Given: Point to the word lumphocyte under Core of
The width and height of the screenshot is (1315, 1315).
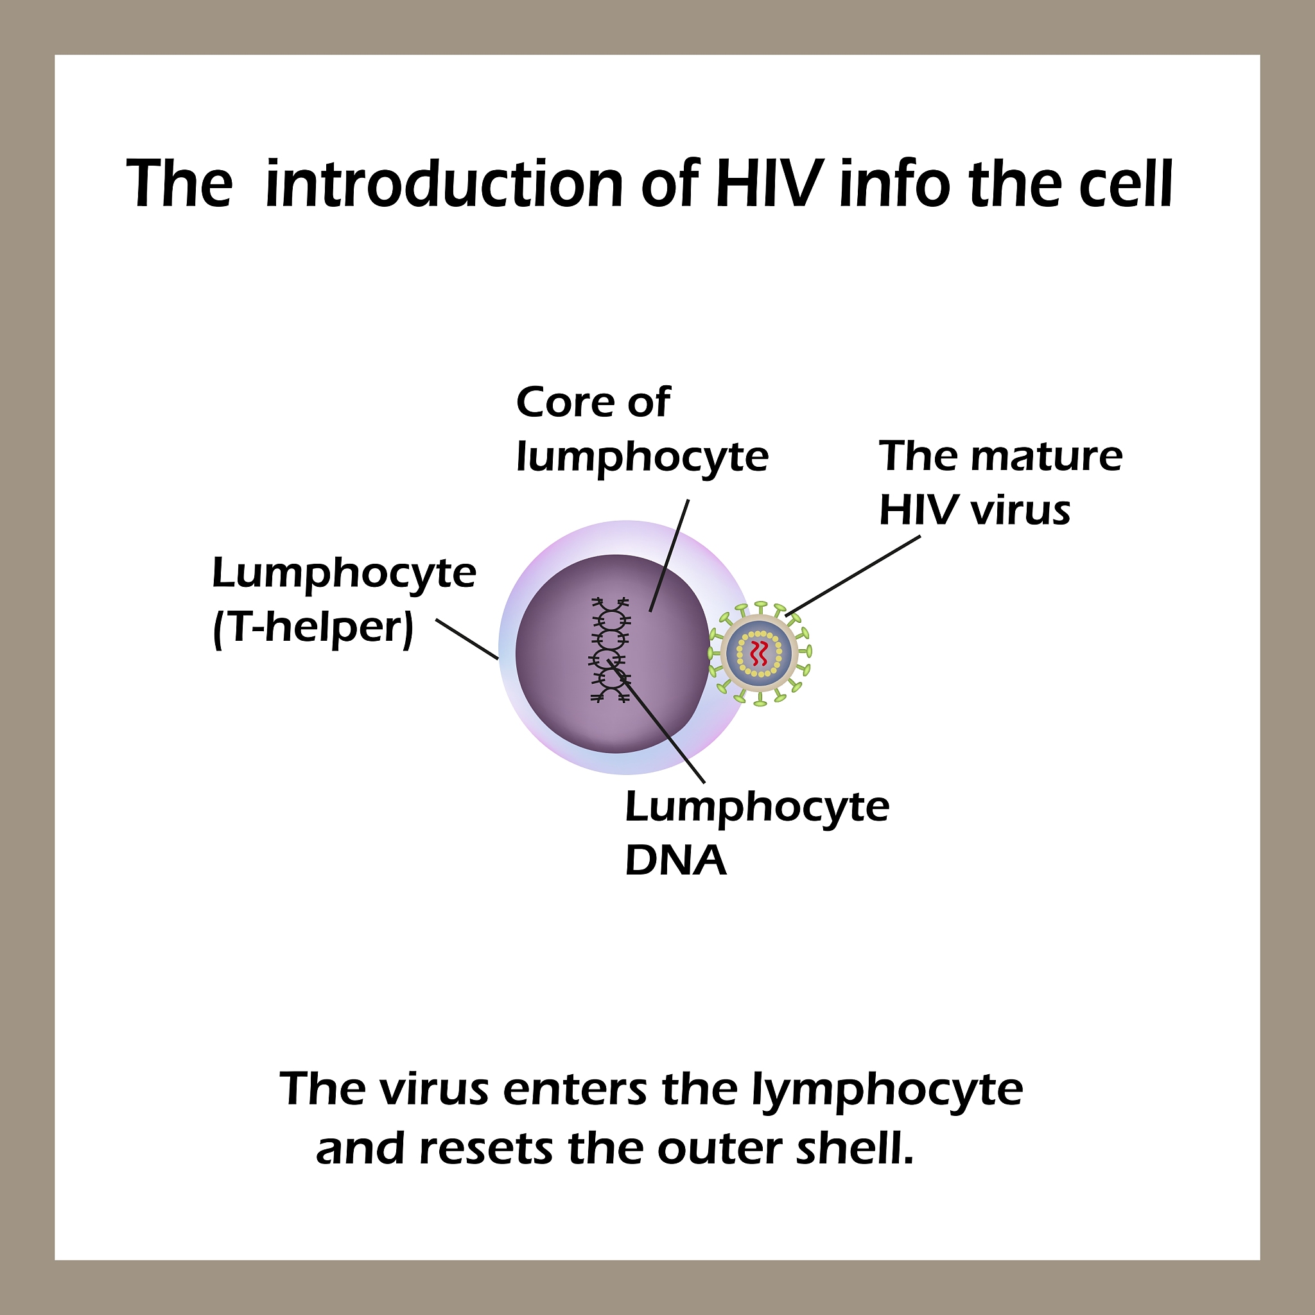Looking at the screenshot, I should pyautogui.click(x=642, y=457).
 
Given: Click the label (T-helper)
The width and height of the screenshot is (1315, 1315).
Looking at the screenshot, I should pyautogui.click(x=313, y=627).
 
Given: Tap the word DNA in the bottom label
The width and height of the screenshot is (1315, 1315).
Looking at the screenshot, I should pyautogui.click(x=675, y=861).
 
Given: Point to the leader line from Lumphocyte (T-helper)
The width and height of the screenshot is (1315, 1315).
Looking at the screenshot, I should pyautogui.click(x=467, y=639).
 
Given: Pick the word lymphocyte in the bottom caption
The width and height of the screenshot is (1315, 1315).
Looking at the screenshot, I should pyautogui.click(x=887, y=1090).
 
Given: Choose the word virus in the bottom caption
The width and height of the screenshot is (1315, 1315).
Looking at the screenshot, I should pyautogui.click(x=434, y=1090).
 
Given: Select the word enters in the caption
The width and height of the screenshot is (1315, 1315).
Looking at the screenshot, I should pyautogui.click(x=575, y=1090).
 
